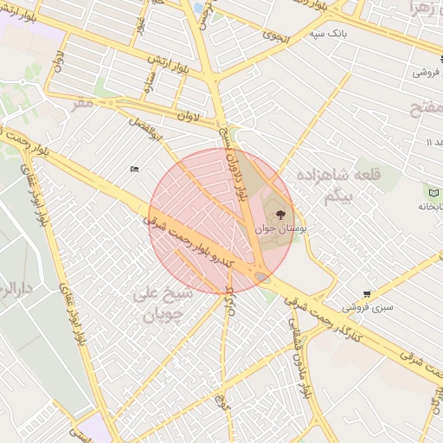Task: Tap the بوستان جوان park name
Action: (276, 228)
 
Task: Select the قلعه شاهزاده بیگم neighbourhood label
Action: (328, 185)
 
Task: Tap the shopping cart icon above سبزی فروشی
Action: (367, 294)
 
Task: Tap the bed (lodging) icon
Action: (133, 169)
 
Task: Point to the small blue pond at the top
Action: (198, 8)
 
